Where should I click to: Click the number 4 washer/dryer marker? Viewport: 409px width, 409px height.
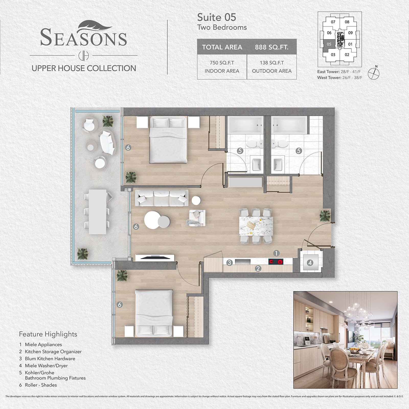pyautogui.click(x=310, y=263)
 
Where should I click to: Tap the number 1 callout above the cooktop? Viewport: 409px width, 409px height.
pyautogui.click(x=276, y=253)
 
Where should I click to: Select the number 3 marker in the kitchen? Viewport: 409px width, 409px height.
pyautogui.click(x=229, y=263)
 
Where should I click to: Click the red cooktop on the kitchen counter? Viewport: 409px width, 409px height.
pyautogui.click(x=276, y=262)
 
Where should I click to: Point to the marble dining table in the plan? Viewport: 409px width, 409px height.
pyautogui.click(x=256, y=226)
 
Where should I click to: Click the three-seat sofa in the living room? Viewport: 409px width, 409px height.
pyautogui.click(x=162, y=198)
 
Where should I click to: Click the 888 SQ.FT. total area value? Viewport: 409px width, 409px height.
pyautogui.click(x=271, y=47)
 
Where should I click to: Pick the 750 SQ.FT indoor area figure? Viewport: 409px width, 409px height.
pyautogui.click(x=222, y=63)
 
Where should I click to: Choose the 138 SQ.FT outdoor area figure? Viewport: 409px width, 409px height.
pyautogui.click(x=272, y=63)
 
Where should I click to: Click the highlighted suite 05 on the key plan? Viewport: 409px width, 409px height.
pyautogui.click(x=329, y=44)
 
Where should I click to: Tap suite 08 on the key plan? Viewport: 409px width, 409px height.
pyautogui.click(x=347, y=22)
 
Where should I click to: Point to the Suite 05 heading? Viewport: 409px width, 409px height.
pyautogui.click(x=217, y=17)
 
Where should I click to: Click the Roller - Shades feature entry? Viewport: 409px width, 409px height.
pyautogui.click(x=38, y=385)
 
